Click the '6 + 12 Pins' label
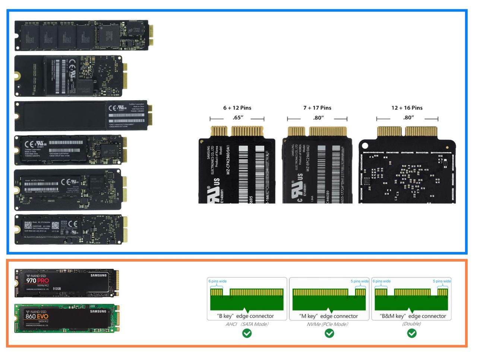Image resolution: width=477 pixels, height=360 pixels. pyautogui.click(x=237, y=108)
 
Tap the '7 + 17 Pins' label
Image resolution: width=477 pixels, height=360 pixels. pyautogui.click(x=317, y=108)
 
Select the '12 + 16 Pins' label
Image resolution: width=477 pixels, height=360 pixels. pyautogui.click(x=407, y=108)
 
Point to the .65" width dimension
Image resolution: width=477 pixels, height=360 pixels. pyautogui.click(x=238, y=118)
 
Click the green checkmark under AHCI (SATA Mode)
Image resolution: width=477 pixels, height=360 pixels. pyautogui.click(x=247, y=333)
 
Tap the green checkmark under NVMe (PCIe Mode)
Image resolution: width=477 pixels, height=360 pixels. pyautogui.click(x=329, y=333)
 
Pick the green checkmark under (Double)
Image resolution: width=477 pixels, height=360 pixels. pyautogui.click(x=411, y=333)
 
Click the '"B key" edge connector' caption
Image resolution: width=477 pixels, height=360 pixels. pyautogui.click(x=245, y=316)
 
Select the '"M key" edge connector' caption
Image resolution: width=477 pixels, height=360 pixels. pyautogui.click(x=328, y=316)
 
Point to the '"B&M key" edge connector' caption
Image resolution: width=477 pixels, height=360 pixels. pyautogui.click(x=413, y=316)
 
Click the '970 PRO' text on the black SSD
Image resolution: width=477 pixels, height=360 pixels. pyautogui.click(x=37, y=281)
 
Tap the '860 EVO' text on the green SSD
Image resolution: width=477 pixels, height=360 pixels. pyautogui.click(x=37, y=316)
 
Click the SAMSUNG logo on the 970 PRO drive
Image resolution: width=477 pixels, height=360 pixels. pyautogui.click(x=98, y=275)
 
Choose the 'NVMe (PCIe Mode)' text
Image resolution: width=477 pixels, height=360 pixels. pyautogui.click(x=327, y=324)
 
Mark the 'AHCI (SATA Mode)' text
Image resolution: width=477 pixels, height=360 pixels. pyautogui.click(x=247, y=324)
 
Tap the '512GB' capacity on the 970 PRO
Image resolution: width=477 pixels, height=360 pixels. pyautogui.click(x=57, y=289)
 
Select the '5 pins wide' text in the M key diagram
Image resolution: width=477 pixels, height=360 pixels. pyautogui.click(x=359, y=281)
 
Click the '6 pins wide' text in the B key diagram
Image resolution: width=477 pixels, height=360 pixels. pyautogui.click(x=217, y=281)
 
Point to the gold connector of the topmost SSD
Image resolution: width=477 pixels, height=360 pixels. pyautogui.click(x=151, y=35)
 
